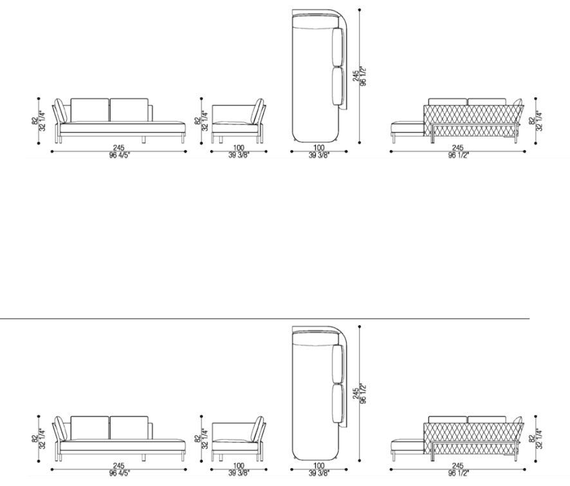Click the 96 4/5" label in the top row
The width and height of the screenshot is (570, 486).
point(119,155)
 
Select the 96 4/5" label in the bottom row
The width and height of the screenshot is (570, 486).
point(119,473)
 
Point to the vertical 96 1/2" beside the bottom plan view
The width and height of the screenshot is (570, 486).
point(363,393)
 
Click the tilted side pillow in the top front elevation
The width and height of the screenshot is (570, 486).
point(60,110)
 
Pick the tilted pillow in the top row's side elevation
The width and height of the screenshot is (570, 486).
point(259,110)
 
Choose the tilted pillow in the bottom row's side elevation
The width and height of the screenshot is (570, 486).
point(259,428)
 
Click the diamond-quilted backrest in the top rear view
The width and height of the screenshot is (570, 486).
point(473,120)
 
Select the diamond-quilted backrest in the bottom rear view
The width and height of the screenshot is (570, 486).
point(473,438)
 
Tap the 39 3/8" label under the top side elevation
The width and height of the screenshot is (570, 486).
point(239,155)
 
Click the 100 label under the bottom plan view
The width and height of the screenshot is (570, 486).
point(319,465)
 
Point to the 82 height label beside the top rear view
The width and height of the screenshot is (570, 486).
point(532,120)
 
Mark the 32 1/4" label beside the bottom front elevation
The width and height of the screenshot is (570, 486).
point(42,438)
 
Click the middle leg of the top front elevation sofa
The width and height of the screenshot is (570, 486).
point(143,140)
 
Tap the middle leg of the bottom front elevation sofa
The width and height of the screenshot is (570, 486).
point(143,458)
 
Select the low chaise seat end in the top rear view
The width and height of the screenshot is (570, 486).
point(407,129)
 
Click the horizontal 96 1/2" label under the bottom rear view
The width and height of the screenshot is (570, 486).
point(459,473)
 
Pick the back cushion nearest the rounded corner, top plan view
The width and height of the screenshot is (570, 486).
point(338,47)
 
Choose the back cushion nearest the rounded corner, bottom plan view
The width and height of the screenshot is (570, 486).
point(338,364)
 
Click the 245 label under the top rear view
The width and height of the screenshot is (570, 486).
point(457,148)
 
